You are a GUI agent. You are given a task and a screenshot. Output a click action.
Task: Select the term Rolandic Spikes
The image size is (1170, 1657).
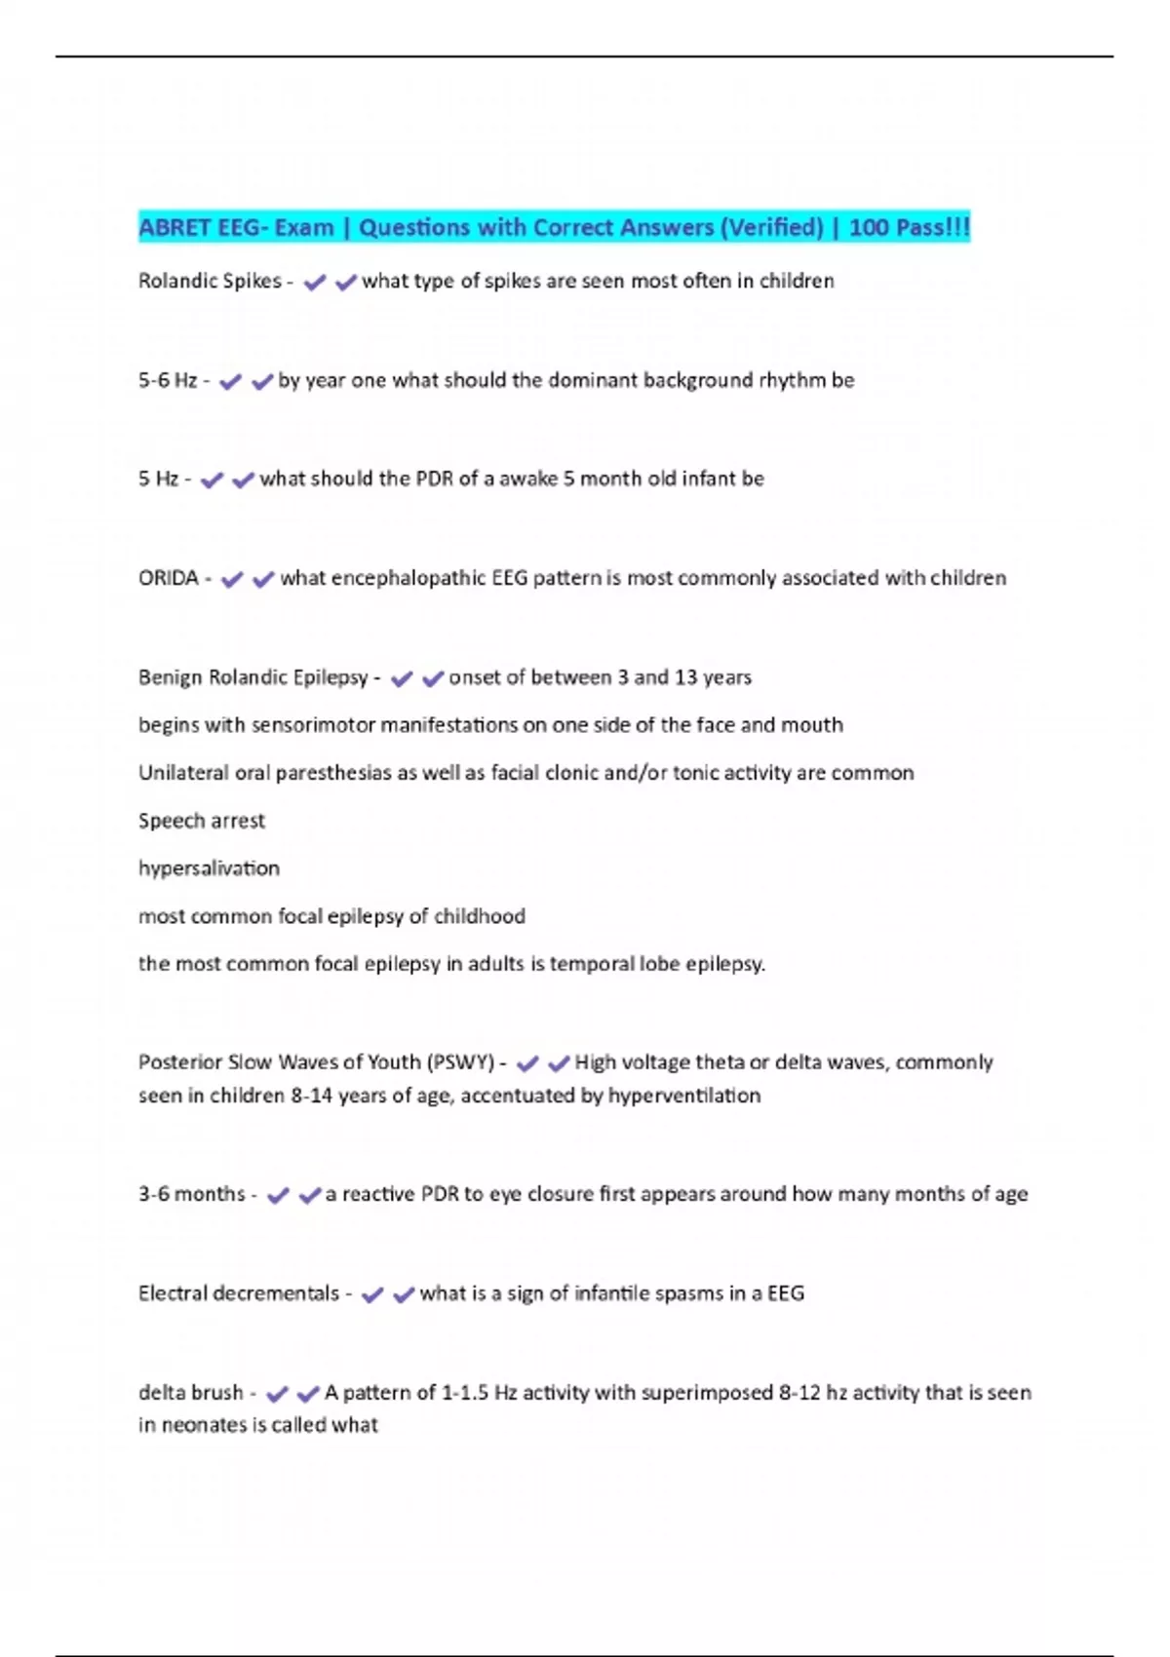coord(210,282)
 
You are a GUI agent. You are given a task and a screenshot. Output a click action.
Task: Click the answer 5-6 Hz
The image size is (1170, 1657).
coord(168,381)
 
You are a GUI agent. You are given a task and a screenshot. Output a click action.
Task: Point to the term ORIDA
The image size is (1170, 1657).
coord(168,579)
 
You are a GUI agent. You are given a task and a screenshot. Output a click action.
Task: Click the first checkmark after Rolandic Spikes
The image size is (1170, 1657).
coord(314,283)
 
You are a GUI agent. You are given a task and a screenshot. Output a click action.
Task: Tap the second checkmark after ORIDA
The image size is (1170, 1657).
coord(262,580)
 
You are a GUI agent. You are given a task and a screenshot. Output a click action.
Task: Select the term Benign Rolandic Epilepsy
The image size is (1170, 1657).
coord(253,677)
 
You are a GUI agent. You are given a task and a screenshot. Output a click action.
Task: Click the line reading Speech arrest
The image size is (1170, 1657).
coord(202,821)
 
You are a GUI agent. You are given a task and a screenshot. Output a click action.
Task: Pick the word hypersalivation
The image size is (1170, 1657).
coord(209,868)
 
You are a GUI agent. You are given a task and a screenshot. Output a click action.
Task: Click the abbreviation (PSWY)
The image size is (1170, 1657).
coord(461,1062)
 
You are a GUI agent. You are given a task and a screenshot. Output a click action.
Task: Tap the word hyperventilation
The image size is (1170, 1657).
coord(683,1096)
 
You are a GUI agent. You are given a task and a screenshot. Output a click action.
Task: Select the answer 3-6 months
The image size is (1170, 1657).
coord(191,1195)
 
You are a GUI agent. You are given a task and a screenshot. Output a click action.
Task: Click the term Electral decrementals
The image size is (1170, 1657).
coord(238,1294)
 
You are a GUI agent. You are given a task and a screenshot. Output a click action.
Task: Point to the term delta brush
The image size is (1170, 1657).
coord(190,1394)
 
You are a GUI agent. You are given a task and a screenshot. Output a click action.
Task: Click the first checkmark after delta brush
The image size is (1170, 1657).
coord(277,1395)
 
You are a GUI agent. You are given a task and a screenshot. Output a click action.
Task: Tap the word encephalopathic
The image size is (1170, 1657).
coord(408,579)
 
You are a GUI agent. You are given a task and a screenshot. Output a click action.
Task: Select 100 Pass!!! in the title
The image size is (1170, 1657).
coord(909,228)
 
